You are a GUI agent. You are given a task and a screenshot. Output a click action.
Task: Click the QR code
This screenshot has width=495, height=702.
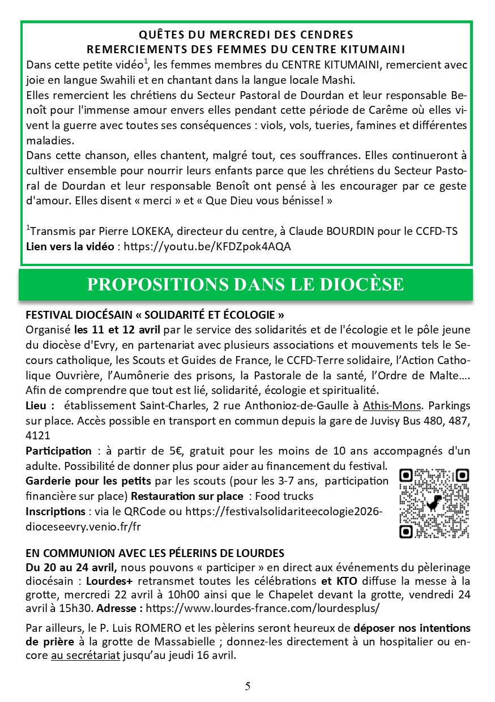coord(434,503)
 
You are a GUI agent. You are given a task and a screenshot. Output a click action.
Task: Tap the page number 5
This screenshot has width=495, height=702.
coord(247,687)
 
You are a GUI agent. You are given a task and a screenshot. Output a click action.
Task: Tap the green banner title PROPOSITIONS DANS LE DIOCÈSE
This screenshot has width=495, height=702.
coord(245,284)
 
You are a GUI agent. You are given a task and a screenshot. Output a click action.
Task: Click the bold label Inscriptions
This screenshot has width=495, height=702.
coord(55,511)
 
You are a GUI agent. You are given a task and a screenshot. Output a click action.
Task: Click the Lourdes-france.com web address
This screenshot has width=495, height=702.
coord(263,609)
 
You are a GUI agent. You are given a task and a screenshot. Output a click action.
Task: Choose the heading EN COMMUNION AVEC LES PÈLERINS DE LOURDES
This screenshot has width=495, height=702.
coord(155,553)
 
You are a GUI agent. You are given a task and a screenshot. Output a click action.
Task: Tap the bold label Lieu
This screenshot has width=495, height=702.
coord(40,406)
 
